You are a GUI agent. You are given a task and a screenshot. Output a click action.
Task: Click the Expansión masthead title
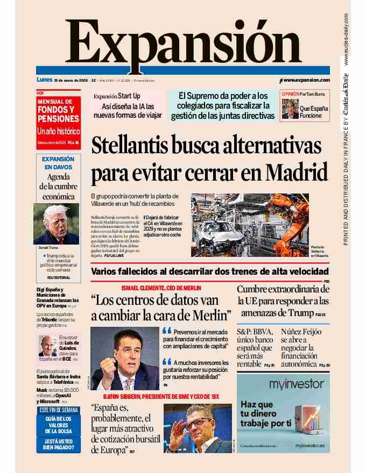[183, 43]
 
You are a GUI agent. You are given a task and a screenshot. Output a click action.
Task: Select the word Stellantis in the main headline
[136, 147]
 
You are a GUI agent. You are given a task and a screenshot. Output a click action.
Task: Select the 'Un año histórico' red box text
[58, 131]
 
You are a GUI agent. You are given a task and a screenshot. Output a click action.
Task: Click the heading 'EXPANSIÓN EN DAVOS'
[58, 163]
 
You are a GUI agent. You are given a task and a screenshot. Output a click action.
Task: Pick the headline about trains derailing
[209, 271]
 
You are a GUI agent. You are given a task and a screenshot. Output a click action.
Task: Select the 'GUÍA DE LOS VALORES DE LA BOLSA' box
[58, 425]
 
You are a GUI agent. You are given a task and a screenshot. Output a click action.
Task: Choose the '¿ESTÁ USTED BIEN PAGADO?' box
[58, 444]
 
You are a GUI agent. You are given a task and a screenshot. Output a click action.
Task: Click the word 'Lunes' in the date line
[44, 80]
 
